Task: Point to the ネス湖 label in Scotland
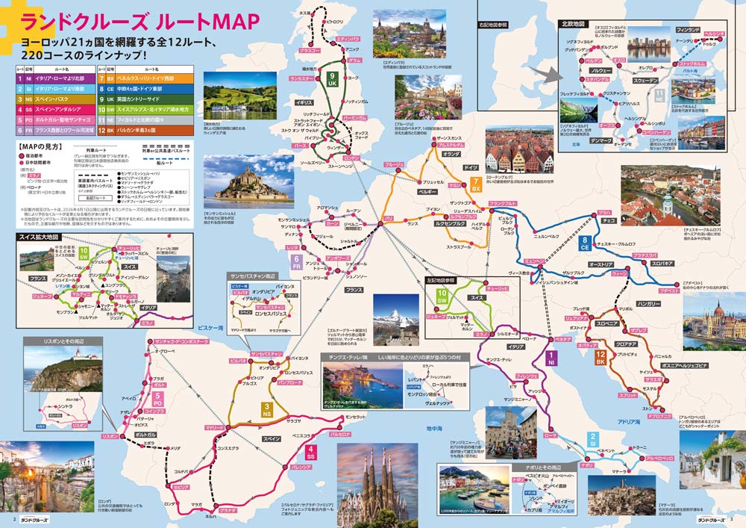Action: point(304,13)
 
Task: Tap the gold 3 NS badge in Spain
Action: point(266,409)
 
